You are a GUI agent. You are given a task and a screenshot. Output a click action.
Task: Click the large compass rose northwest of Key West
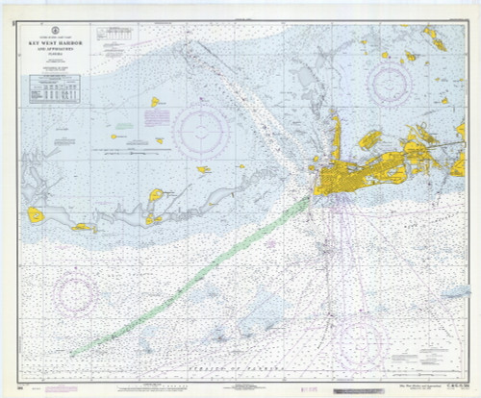[201, 130]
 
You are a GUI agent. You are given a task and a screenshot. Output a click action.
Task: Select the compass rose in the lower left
[77, 293]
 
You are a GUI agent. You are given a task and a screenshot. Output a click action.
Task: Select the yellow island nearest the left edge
[36, 214]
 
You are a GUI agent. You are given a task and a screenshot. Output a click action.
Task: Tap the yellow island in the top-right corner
[435, 40]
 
